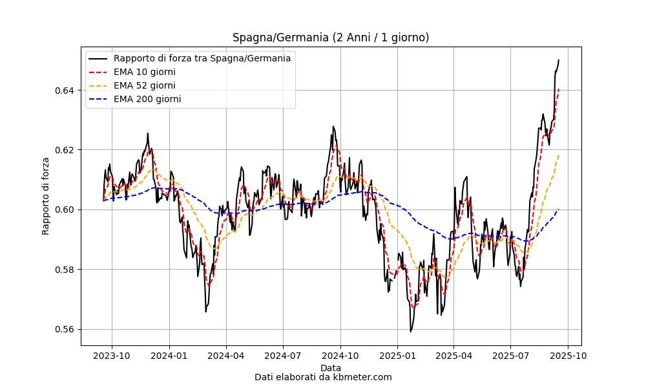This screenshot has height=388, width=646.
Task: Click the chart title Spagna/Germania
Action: point(331,38)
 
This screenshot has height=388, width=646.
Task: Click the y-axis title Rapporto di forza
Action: point(46,195)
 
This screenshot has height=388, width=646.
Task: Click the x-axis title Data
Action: point(331,368)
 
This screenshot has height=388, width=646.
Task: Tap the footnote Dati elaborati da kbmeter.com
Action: point(323,377)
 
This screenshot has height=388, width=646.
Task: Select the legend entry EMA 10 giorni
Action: point(144,72)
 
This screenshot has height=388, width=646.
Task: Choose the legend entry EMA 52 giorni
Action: point(144,85)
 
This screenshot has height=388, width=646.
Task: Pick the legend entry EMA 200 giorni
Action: point(147,99)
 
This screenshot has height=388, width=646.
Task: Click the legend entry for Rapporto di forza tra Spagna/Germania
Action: point(202,58)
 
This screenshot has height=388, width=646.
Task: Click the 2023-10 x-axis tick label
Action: point(112,355)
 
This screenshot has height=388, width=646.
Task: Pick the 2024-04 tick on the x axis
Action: point(226,355)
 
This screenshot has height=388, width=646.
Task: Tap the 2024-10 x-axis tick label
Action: point(340,355)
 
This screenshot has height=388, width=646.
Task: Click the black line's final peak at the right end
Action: point(559,60)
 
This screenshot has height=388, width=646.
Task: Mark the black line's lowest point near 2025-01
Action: point(410,332)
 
